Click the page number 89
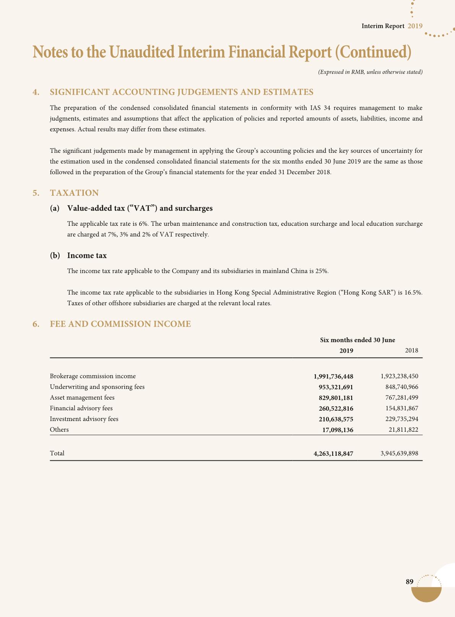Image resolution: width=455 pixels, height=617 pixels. click(409, 582)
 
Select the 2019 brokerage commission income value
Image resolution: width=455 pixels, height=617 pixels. click(333, 376)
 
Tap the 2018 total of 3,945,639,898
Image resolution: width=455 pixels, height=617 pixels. click(399, 453)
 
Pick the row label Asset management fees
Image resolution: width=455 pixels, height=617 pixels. click(82, 398)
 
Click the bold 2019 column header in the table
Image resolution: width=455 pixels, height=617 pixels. click(346, 351)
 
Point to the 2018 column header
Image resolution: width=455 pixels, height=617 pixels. click(411, 351)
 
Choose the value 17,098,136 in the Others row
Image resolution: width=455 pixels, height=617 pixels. click(338, 430)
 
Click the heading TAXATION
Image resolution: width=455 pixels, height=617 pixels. click(74, 193)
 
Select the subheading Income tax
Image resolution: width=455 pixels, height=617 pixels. click(87, 256)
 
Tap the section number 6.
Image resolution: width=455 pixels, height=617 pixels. click(36, 324)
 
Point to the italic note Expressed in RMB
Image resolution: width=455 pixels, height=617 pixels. click(370, 72)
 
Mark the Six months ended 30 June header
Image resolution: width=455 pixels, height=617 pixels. click(357, 340)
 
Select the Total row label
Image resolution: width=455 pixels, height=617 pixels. click(57, 453)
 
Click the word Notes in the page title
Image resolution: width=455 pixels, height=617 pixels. click(50, 52)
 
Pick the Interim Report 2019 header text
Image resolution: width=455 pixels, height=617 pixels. click(392, 26)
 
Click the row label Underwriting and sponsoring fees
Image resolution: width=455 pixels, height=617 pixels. click(97, 387)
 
